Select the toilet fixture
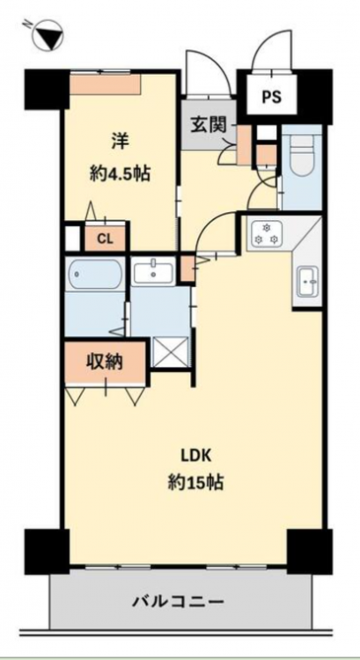301,157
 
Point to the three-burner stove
266,234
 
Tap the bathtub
94,274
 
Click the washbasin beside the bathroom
153,272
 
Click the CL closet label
105,239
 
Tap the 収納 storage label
105,361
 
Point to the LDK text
195,456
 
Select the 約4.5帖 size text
120,172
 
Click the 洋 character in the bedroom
119,142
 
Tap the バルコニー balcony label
178,602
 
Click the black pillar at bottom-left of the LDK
47,552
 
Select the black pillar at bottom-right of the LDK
310,552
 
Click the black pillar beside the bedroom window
47,89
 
